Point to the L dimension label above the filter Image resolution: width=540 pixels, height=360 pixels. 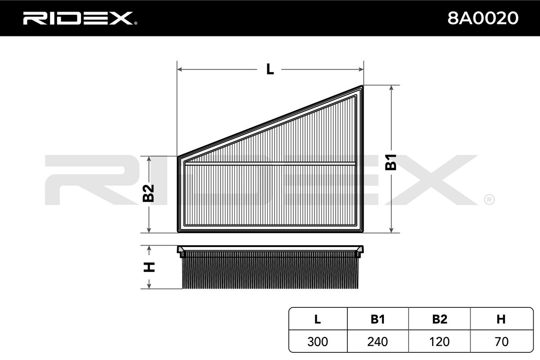click(270, 69)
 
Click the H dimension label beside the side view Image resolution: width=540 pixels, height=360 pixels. click(148, 267)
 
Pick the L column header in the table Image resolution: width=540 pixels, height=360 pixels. click(318, 319)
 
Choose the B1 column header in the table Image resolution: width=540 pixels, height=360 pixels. click(378, 319)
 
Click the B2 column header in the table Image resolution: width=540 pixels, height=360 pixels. click(439, 319)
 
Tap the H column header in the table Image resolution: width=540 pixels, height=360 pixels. click(501, 319)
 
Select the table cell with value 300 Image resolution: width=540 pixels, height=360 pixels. click(318, 342)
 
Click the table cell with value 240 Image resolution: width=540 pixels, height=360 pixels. click(378, 342)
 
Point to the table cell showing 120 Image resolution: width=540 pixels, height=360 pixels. click(439, 342)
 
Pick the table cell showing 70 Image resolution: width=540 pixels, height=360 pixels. click(501, 342)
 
